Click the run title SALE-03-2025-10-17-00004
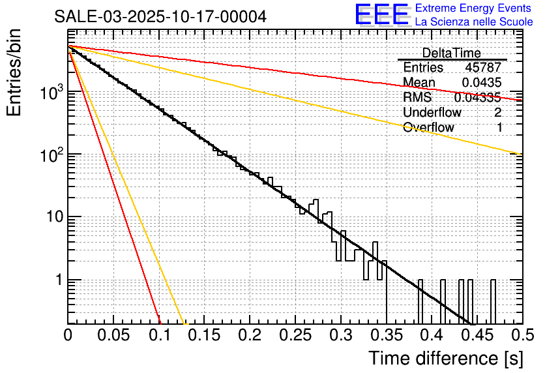click(x=160, y=17)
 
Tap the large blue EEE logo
click(x=381, y=15)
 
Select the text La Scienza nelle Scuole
click(x=473, y=22)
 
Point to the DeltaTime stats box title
click(x=452, y=53)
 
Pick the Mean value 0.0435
click(x=482, y=82)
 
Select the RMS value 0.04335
click(x=477, y=97)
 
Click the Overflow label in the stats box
click(x=428, y=127)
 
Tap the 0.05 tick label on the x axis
click(x=113, y=336)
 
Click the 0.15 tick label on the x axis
click(x=204, y=336)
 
